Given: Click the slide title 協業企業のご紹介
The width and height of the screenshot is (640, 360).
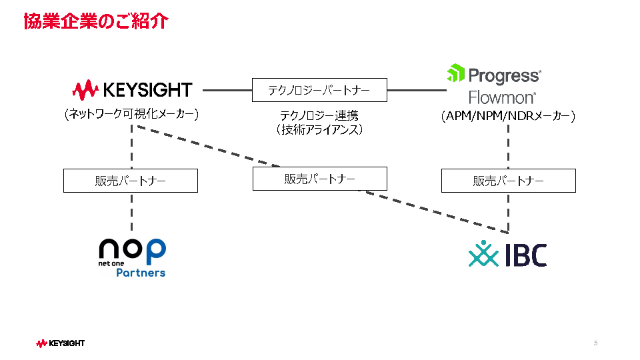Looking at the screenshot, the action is click(x=96, y=21).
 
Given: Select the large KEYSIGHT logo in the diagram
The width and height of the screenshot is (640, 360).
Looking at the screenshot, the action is click(x=132, y=90).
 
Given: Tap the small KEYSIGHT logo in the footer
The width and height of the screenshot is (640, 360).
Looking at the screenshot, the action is click(x=61, y=343).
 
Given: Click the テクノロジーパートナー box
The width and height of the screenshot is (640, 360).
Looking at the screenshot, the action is click(x=319, y=90).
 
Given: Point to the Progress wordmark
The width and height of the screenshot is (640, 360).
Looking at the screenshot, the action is click(x=505, y=76).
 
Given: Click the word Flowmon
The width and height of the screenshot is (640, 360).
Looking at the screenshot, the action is click(x=501, y=97).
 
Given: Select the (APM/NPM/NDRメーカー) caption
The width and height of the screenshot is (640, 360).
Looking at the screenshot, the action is click(x=508, y=116).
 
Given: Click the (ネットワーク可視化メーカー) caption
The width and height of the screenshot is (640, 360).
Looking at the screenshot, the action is click(x=131, y=113).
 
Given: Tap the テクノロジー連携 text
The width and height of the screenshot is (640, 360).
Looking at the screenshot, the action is click(x=319, y=115).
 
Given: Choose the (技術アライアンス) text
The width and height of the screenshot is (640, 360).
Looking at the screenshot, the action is click(x=319, y=130).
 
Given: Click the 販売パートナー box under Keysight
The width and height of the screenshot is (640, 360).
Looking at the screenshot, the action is click(x=131, y=181).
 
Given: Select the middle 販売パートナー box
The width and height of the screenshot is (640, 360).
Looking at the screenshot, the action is click(x=320, y=179).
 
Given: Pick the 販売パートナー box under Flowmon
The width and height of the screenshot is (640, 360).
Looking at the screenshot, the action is click(x=509, y=181).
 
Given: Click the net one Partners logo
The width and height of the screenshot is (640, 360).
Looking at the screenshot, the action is click(x=132, y=258).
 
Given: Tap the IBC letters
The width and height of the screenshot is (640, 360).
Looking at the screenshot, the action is click(x=526, y=255).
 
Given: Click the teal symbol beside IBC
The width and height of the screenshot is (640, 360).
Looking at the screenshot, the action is click(x=484, y=253).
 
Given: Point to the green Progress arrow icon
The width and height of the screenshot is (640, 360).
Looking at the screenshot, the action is click(x=456, y=73).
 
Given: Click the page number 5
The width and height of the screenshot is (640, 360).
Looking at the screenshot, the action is click(x=596, y=343).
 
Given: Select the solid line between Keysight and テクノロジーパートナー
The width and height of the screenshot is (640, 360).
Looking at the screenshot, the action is click(x=227, y=90).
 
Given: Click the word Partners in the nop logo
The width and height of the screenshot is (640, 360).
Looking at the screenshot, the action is click(x=141, y=273).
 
